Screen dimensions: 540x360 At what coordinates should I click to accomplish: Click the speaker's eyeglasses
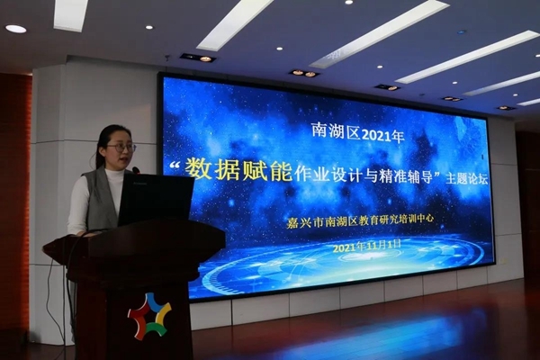pos(121,148)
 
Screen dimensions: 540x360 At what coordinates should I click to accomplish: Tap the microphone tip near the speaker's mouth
pos(136,170)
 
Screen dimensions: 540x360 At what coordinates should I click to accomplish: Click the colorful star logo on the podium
pos(149,316)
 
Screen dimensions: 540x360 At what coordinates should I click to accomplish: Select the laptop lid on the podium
pos(156,199)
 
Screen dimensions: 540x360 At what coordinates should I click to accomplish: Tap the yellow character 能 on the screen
pos(282,170)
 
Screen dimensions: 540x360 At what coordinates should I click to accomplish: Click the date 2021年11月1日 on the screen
pos(367,246)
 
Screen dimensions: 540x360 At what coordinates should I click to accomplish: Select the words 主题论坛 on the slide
pos(467,179)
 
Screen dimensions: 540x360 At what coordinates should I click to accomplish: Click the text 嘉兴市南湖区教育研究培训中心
pos(360,220)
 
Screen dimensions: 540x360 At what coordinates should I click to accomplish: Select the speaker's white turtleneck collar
pos(114,172)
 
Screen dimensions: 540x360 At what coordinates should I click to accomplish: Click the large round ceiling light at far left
pos(16,29)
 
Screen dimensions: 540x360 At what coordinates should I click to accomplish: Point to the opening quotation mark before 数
pos(175,166)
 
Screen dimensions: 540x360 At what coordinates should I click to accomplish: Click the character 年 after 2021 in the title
pos(399,137)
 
